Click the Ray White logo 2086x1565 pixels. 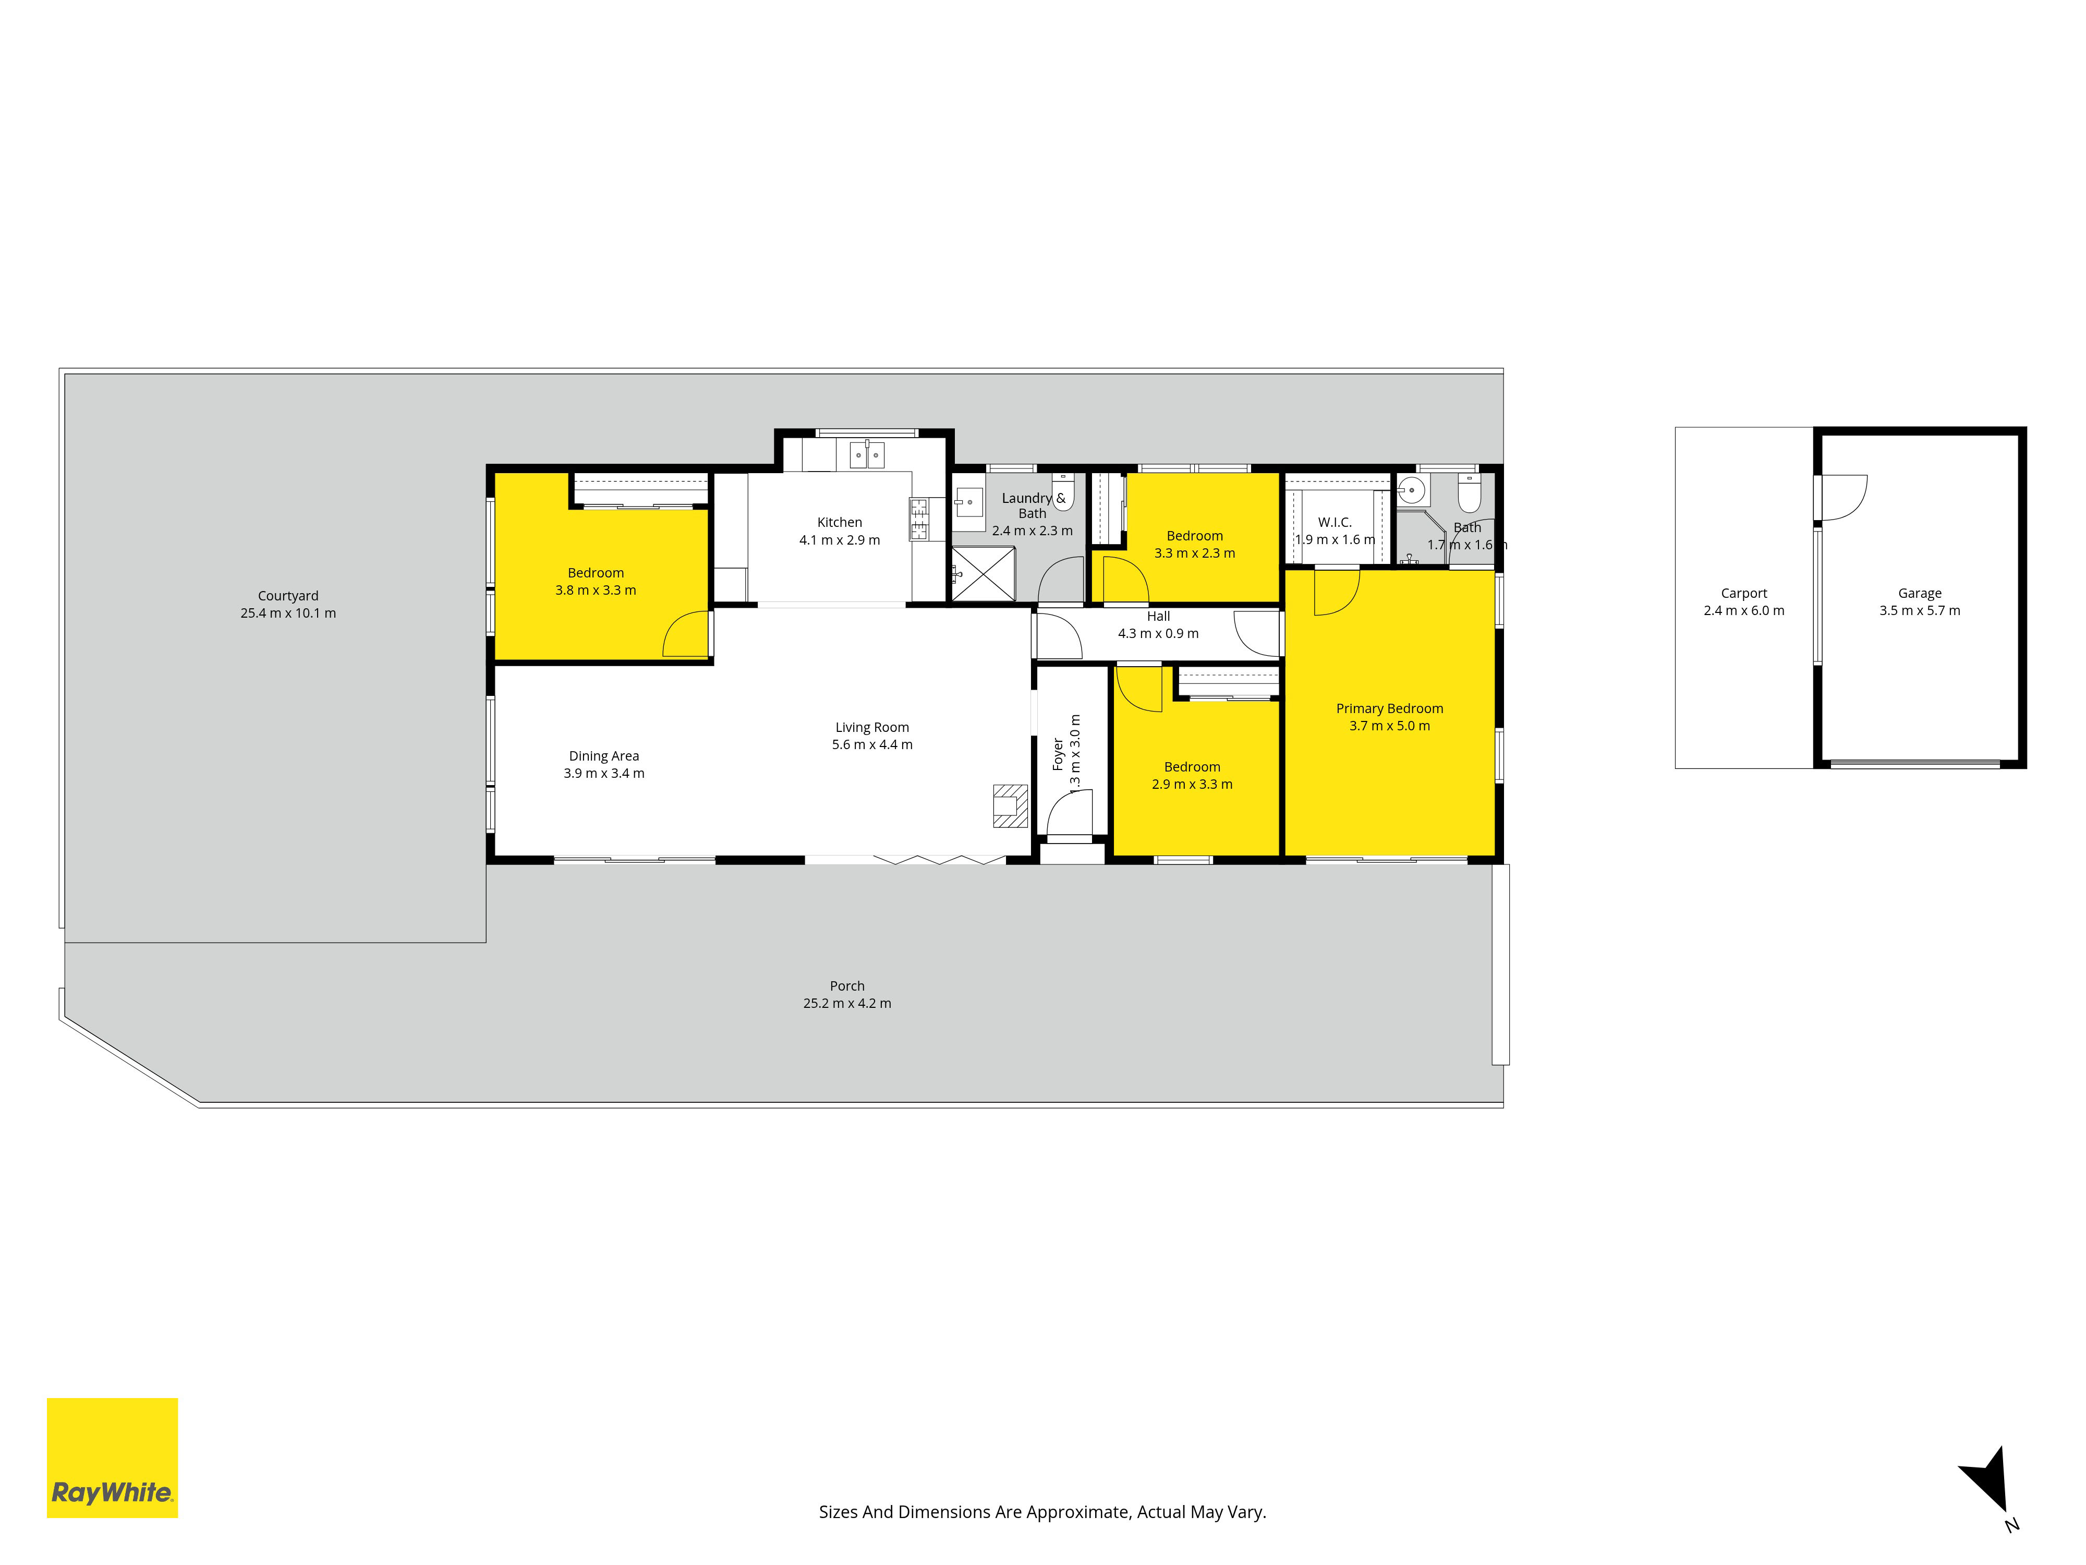[112, 1458]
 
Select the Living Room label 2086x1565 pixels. [872, 727]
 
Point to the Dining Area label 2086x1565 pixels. [603, 755]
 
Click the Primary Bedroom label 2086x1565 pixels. [1389, 708]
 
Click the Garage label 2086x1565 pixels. [1920, 593]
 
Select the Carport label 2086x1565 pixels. [1744, 593]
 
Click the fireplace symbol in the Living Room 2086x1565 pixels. [1009, 805]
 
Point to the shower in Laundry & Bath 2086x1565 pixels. [983, 573]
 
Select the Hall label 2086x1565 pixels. [1158, 616]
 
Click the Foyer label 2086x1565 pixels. [1058, 755]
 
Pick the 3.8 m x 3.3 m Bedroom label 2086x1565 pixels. [595, 581]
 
